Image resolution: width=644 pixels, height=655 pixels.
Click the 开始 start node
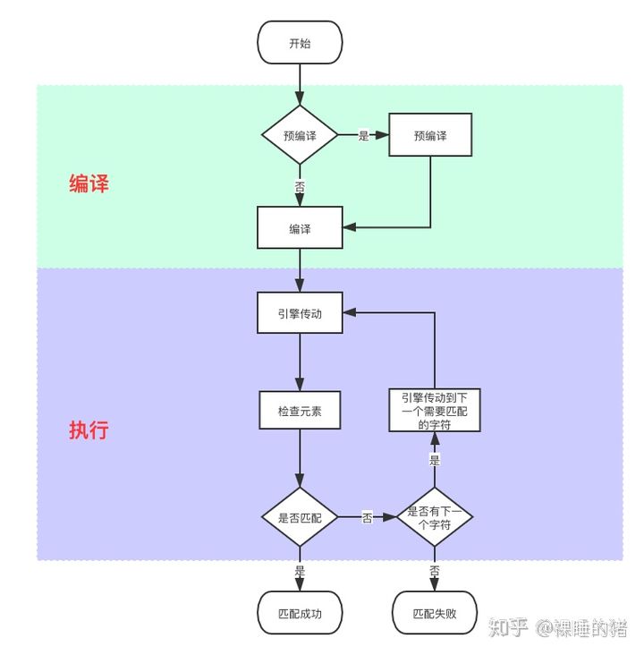tap(300, 43)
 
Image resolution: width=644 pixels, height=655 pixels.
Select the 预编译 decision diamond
tap(300, 135)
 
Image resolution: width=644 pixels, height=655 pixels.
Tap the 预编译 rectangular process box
tap(430, 135)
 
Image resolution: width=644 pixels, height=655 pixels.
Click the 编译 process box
tap(300, 227)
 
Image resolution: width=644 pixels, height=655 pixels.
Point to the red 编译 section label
tap(89, 183)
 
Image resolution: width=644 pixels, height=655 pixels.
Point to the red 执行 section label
tap(89, 430)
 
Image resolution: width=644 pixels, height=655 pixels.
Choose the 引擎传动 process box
tap(300, 313)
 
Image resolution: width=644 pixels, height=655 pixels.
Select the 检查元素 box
tap(300, 410)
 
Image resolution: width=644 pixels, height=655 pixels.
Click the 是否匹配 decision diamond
tap(300, 517)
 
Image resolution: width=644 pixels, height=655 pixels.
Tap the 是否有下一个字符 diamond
tap(435, 517)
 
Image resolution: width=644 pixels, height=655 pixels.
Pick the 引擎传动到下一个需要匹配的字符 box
tap(435, 410)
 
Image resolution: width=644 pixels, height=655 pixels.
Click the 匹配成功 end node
tap(300, 613)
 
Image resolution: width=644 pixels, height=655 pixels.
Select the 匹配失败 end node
tap(435, 613)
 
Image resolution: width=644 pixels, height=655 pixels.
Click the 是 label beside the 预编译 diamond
tap(363, 135)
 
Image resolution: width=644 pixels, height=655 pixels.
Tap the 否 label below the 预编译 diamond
tap(300, 186)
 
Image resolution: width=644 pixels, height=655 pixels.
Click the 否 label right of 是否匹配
tap(367, 517)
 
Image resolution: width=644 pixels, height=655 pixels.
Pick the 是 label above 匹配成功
tap(300, 571)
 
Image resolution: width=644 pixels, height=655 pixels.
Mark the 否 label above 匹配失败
tap(435, 571)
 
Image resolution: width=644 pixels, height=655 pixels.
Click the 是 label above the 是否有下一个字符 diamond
tap(435, 460)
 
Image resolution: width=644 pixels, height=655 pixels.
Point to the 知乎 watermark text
tap(508, 627)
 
